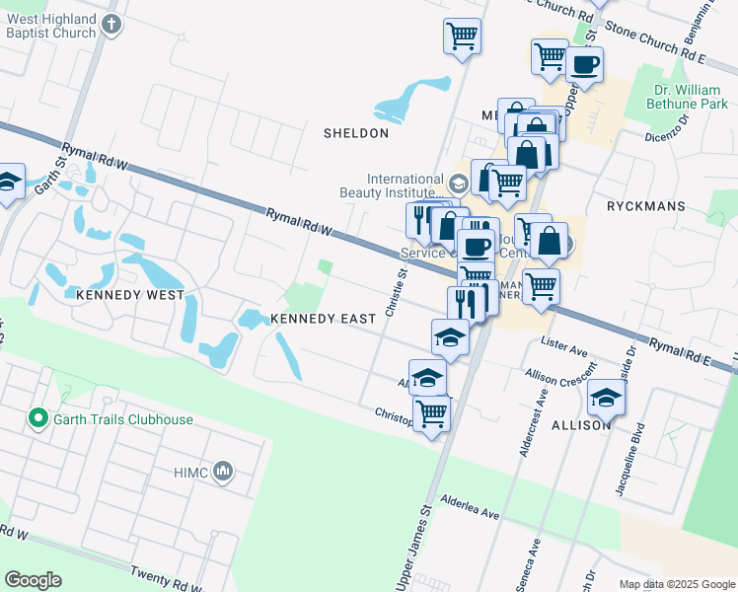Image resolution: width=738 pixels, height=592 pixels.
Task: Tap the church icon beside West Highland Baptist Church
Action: [112, 24]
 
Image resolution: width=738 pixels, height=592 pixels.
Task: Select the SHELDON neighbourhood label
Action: [355, 132]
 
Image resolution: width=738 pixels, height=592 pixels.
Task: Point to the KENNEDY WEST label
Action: [130, 295]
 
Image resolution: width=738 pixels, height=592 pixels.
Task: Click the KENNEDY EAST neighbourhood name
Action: [323, 319]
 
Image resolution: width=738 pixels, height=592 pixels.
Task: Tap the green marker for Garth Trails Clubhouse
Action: [38, 418]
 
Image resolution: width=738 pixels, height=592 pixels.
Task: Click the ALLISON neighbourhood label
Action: [581, 424]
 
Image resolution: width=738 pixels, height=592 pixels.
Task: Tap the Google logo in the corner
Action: [33, 580]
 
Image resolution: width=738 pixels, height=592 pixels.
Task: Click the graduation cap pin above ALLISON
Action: [606, 399]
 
